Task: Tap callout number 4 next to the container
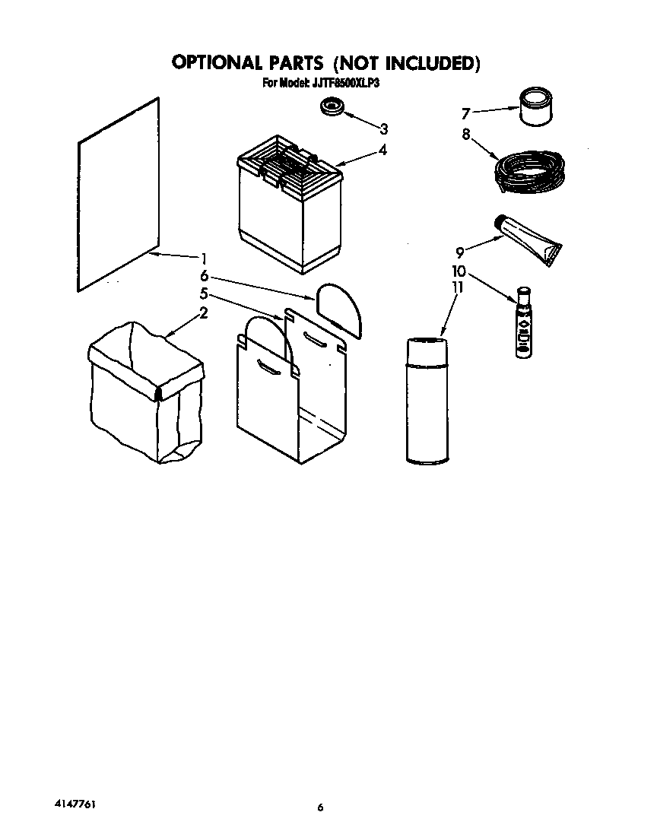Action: point(382,150)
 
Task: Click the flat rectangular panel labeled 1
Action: point(119,194)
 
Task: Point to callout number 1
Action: point(204,258)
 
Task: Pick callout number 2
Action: point(204,312)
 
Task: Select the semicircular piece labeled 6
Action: point(338,306)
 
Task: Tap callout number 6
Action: point(204,276)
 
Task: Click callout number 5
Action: point(204,293)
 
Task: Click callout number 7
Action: point(467,114)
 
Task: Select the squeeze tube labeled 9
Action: point(529,239)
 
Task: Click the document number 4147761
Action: point(75,803)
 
